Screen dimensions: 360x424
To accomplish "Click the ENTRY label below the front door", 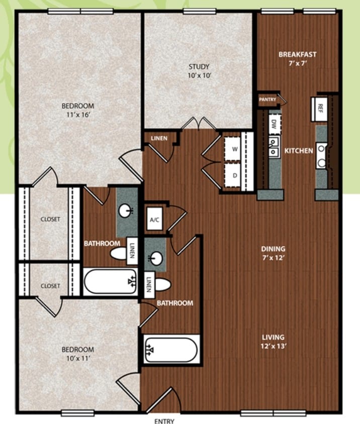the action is coord(164,421).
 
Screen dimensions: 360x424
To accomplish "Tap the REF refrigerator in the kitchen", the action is coord(319,109).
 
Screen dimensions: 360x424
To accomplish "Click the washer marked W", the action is coord(232,149).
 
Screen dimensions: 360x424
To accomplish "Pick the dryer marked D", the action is coord(232,175).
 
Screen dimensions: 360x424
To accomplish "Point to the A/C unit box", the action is coord(154,219).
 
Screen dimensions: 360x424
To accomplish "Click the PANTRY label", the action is coord(267,99).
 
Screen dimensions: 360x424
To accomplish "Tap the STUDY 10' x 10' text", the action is coord(199,71).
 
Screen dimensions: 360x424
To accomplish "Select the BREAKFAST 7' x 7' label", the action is coord(298,59).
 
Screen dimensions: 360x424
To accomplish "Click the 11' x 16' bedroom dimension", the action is coord(78,115).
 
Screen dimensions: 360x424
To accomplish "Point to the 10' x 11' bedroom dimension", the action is coord(78,358).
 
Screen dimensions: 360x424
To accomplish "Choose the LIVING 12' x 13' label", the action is coord(273,342).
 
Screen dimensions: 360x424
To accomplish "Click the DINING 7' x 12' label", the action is coord(273,253).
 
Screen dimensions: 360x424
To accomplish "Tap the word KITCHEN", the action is coord(299,151).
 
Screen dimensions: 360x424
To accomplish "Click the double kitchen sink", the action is coord(274,146).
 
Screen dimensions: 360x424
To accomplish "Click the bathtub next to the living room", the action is coord(171,350).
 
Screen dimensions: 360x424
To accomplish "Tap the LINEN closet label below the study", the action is coord(159,139).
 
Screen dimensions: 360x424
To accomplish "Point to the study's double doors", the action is coord(199,123).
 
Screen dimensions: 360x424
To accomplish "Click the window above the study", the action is coord(199,12).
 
